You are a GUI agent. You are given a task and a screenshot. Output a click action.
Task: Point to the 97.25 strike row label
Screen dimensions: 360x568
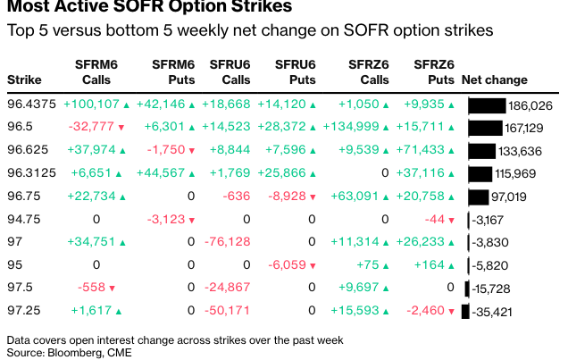coord(23,310)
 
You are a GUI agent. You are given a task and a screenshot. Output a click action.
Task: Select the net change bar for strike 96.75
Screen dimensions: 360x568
coord(477,197)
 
